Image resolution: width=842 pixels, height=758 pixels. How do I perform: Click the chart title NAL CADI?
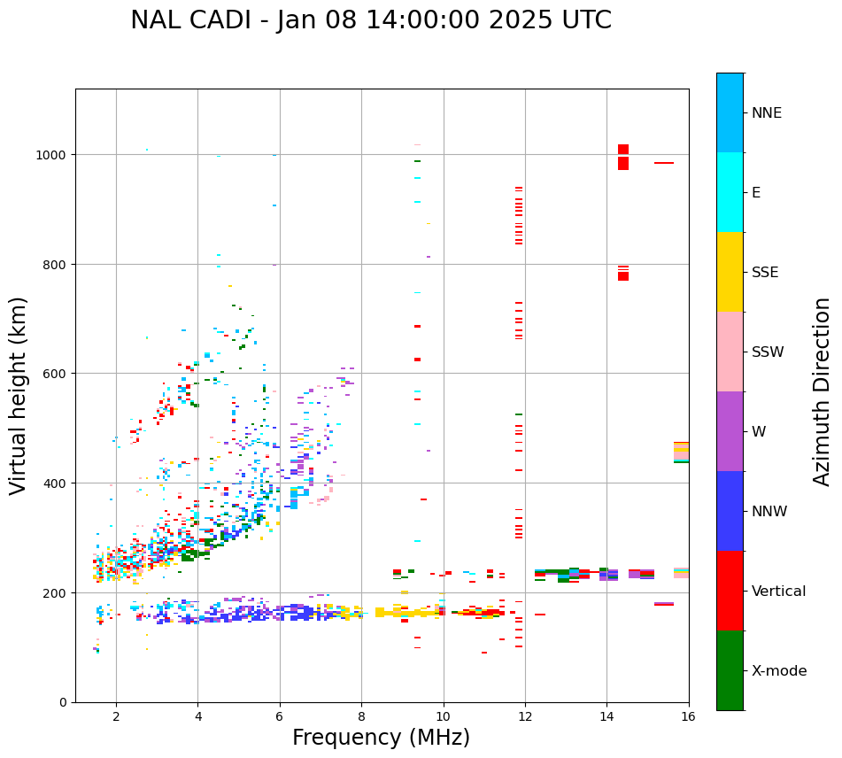tap(370, 20)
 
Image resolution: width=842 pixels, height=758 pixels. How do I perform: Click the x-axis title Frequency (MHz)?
tap(381, 738)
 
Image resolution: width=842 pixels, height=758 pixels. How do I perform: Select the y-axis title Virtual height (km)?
tap(19, 395)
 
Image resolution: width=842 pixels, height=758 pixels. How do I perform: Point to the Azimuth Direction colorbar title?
tap(823, 391)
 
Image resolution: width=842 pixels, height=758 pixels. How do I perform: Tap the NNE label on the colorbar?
tap(767, 112)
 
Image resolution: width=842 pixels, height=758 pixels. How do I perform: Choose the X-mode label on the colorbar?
tap(779, 670)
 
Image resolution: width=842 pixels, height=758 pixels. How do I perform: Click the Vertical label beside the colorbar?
tap(778, 591)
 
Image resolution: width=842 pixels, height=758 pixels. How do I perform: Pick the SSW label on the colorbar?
tap(768, 352)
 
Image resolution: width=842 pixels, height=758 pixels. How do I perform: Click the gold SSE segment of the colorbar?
tap(730, 272)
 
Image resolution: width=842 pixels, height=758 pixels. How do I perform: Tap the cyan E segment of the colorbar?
tap(730, 192)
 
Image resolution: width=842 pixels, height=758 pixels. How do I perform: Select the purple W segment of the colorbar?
tap(730, 431)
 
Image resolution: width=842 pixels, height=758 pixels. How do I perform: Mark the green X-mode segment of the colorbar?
tap(730, 670)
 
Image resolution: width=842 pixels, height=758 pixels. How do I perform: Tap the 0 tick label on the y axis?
tap(63, 702)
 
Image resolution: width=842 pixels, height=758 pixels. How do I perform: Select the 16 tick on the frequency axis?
tap(689, 717)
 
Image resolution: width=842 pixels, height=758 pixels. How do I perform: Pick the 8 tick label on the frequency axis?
tap(361, 717)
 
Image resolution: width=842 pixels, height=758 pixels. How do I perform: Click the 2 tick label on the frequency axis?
tap(116, 717)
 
